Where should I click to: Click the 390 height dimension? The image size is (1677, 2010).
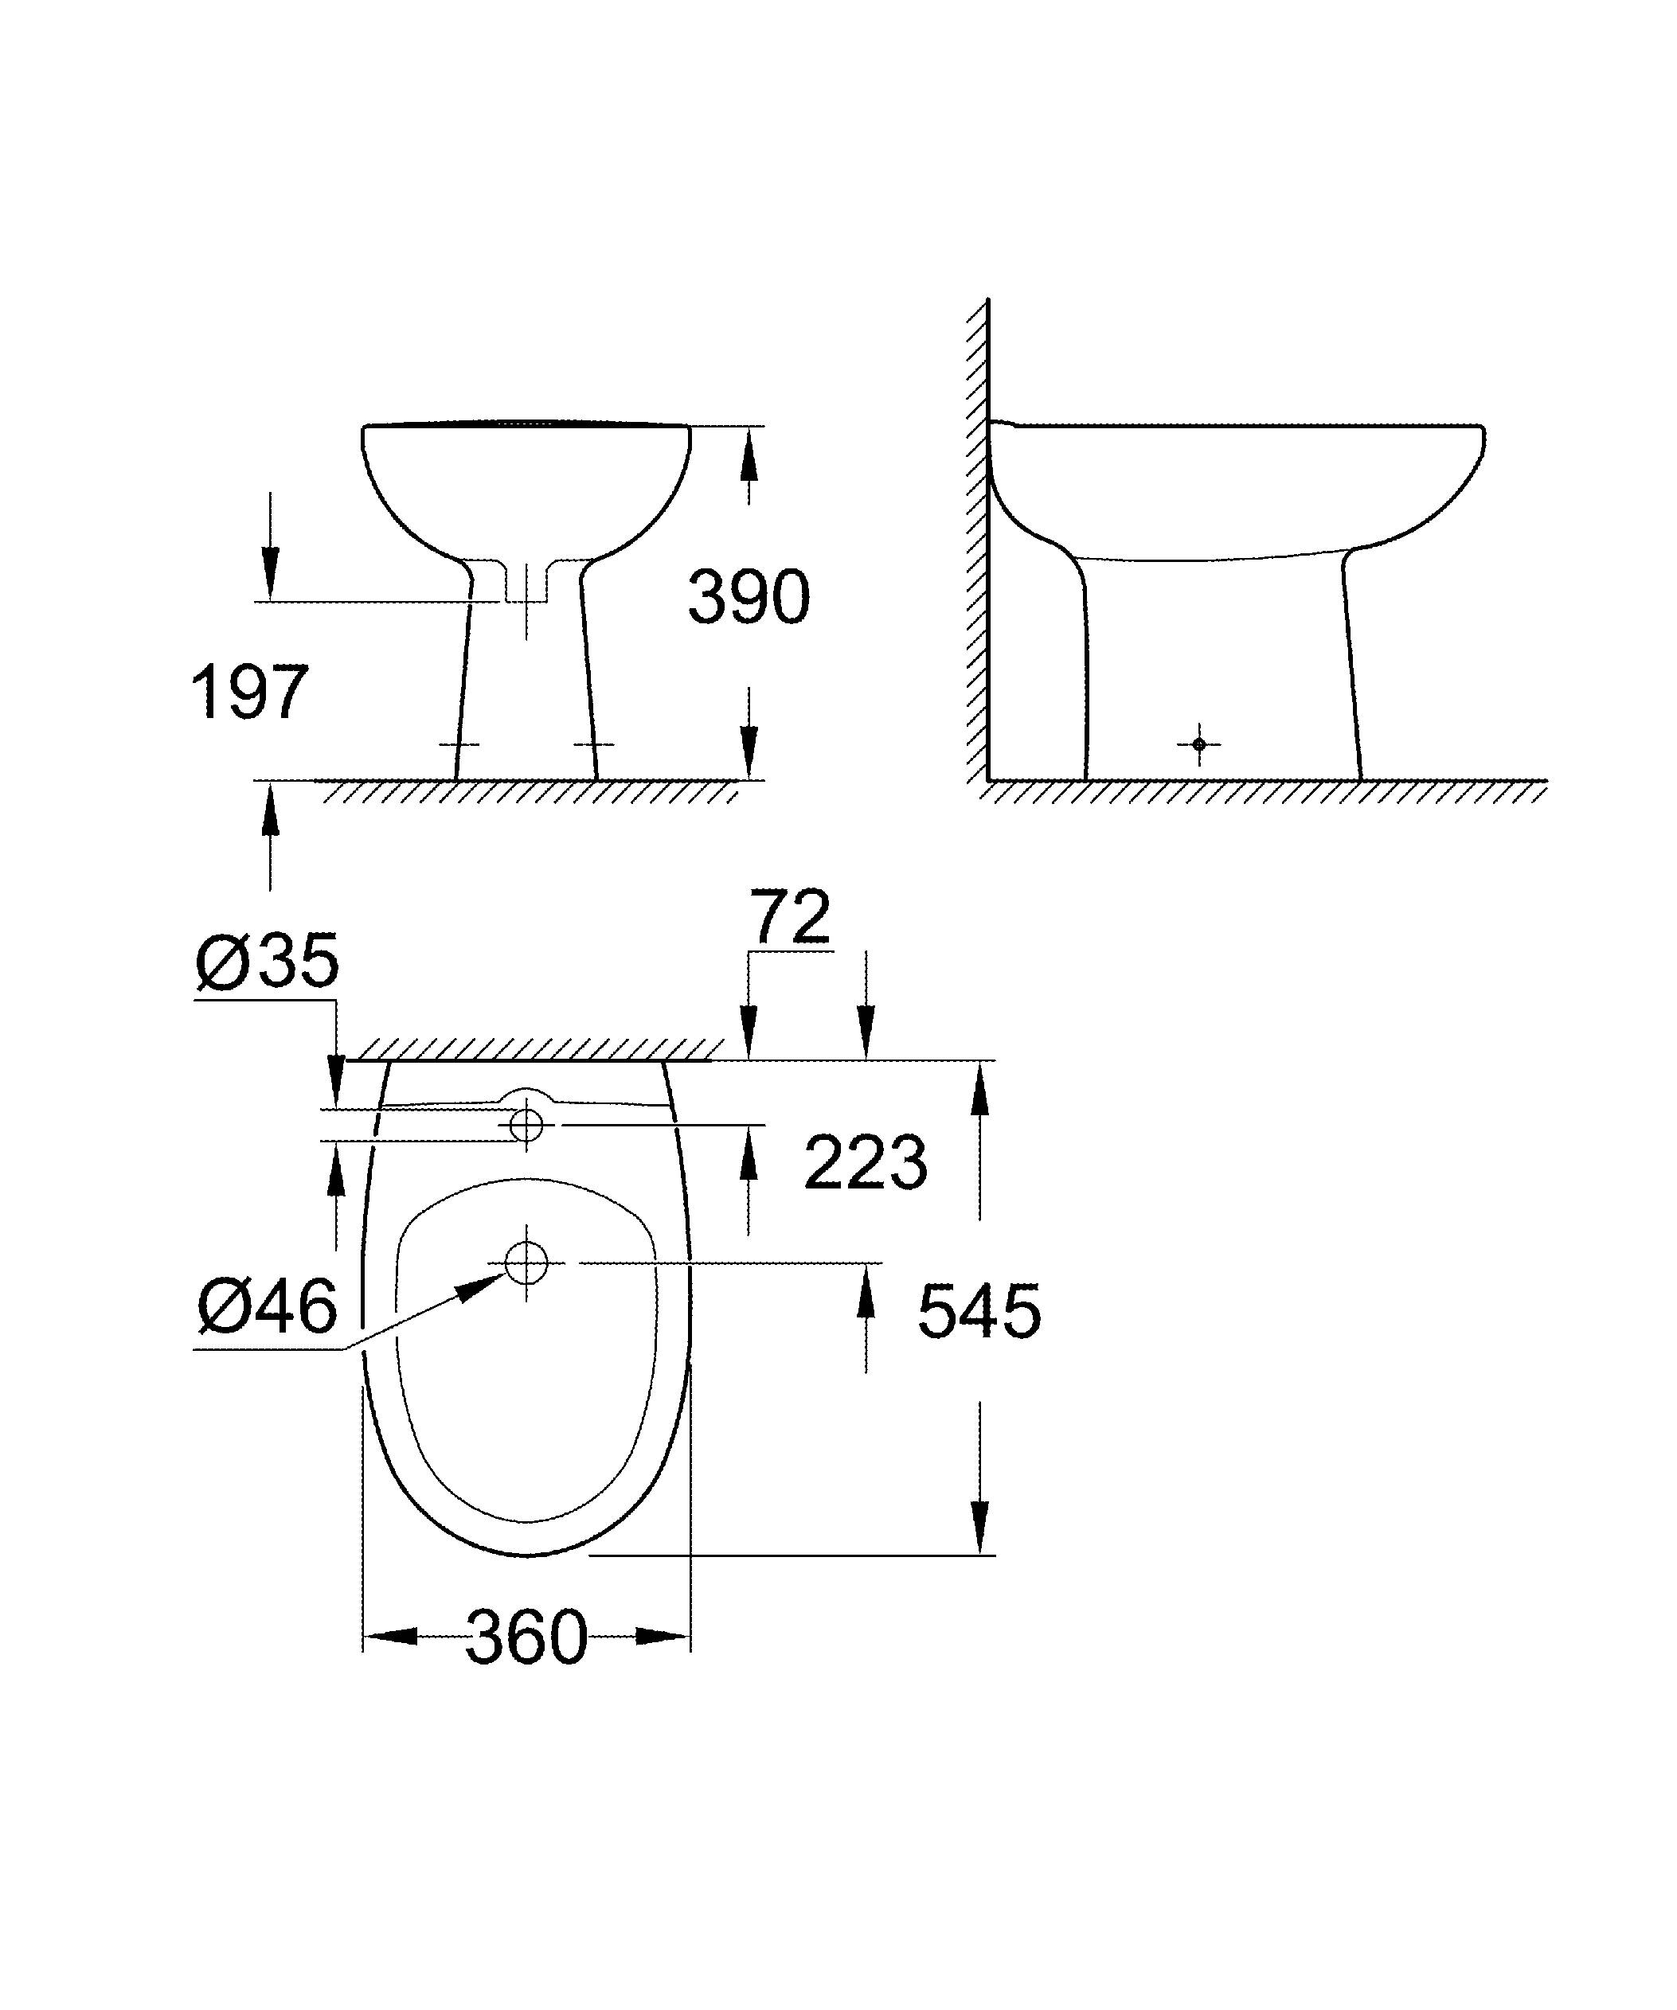click(x=749, y=597)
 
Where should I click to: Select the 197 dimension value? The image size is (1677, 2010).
click(x=249, y=692)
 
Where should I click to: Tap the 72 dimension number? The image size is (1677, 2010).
click(x=790, y=916)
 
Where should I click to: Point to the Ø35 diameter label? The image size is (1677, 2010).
click(x=267, y=961)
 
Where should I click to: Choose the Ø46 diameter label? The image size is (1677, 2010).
click(x=267, y=1306)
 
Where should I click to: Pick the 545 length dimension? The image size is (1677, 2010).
click(x=978, y=1311)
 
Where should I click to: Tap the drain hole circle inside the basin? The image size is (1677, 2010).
click(x=526, y=1263)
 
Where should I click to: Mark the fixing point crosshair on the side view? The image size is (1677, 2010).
click(x=1198, y=744)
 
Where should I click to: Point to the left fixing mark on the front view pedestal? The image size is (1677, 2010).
click(x=459, y=744)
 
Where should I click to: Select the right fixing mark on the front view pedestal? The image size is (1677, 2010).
click(x=593, y=744)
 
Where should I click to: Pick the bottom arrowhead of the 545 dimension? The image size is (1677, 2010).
click(x=978, y=1529)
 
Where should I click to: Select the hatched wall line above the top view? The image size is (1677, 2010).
click(x=536, y=1049)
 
